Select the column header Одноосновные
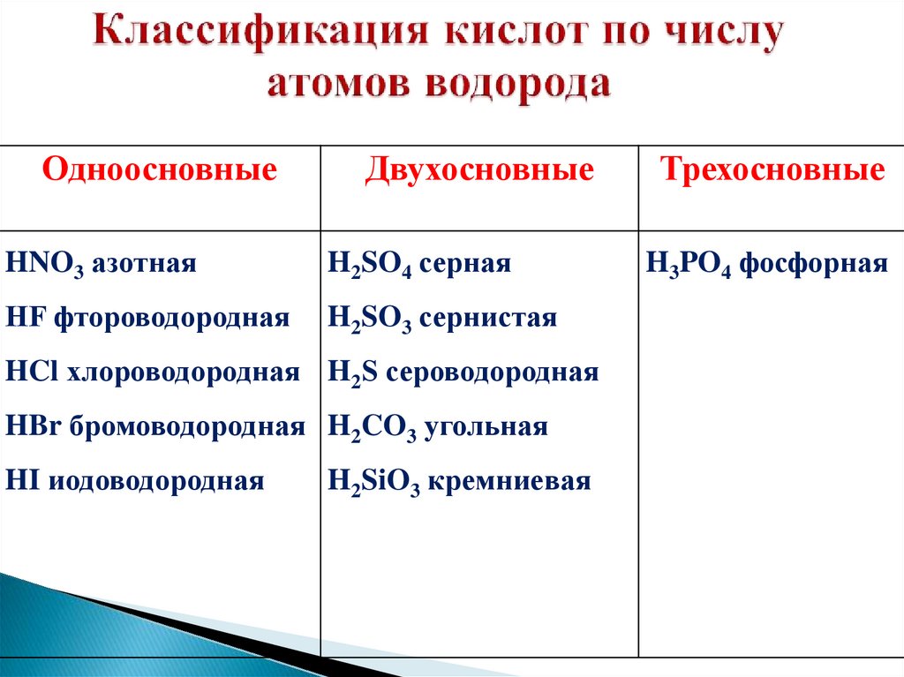coord(160,169)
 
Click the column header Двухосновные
coord(479,169)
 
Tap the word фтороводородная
coord(171,318)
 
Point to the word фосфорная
coord(813,264)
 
